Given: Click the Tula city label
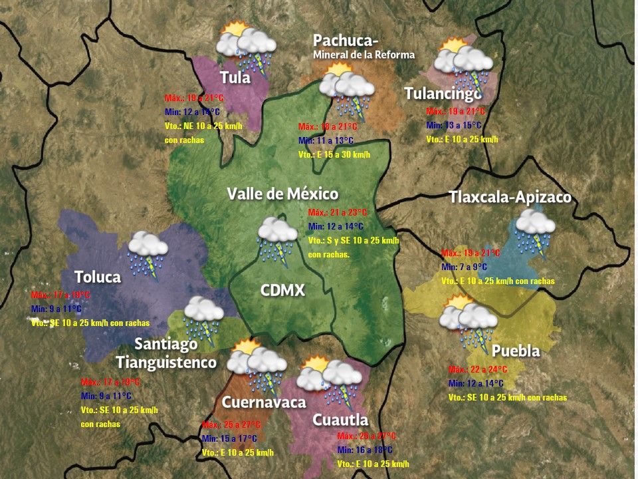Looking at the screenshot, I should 235,78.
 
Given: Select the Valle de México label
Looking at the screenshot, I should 282,194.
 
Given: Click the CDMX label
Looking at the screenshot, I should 282,290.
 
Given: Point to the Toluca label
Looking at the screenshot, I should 98,277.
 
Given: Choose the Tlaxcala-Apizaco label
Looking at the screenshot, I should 510,198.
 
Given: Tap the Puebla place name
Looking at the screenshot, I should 516,351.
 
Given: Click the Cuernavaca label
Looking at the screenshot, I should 264,402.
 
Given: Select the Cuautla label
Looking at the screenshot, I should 340,420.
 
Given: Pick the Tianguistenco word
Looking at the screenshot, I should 166,363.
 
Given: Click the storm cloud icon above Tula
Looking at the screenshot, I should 247,46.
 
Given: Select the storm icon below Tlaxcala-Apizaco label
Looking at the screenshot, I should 535,230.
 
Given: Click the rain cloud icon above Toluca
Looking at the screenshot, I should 148,253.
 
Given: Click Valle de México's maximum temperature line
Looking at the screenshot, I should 338,212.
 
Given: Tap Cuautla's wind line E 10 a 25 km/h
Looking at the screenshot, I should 373,464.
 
